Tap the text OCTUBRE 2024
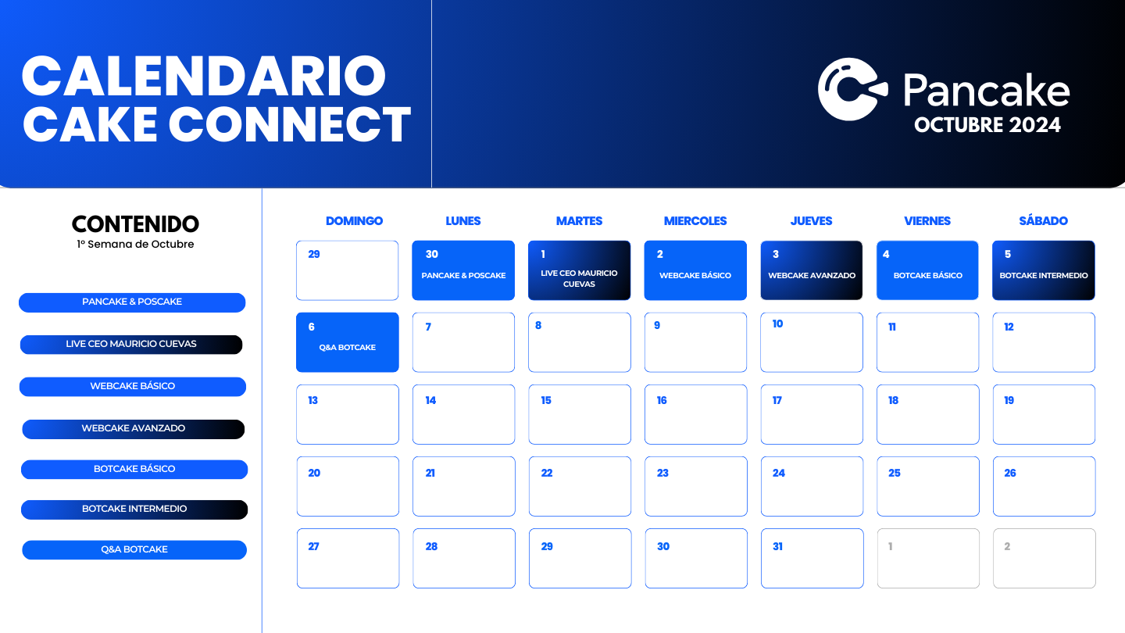pyautogui.click(x=987, y=125)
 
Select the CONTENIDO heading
pyautogui.click(x=135, y=224)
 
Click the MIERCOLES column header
pyautogui.click(x=695, y=221)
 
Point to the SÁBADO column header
pyautogui.click(x=1043, y=221)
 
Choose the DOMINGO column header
pyautogui.click(x=354, y=221)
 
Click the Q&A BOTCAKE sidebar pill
pyautogui.click(x=134, y=549)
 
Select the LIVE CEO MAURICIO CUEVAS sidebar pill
pyautogui.click(x=131, y=344)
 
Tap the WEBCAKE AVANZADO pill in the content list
pyautogui.click(x=134, y=428)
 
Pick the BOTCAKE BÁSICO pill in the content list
pyautogui.click(x=134, y=469)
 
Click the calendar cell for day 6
pyautogui.click(x=348, y=342)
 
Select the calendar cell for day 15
pyautogui.click(x=580, y=414)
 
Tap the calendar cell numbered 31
pyautogui.click(x=812, y=558)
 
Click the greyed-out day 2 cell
pyautogui.click(x=1044, y=558)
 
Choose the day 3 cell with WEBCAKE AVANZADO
pyautogui.click(x=812, y=270)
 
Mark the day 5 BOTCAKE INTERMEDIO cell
pyautogui.click(x=1044, y=270)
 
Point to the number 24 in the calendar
pyautogui.click(x=779, y=473)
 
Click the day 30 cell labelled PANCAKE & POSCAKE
pyautogui.click(x=463, y=270)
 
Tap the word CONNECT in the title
pyautogui.click(x=289, y=124)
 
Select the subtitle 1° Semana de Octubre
pyautogui.click(x=135, y=245)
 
